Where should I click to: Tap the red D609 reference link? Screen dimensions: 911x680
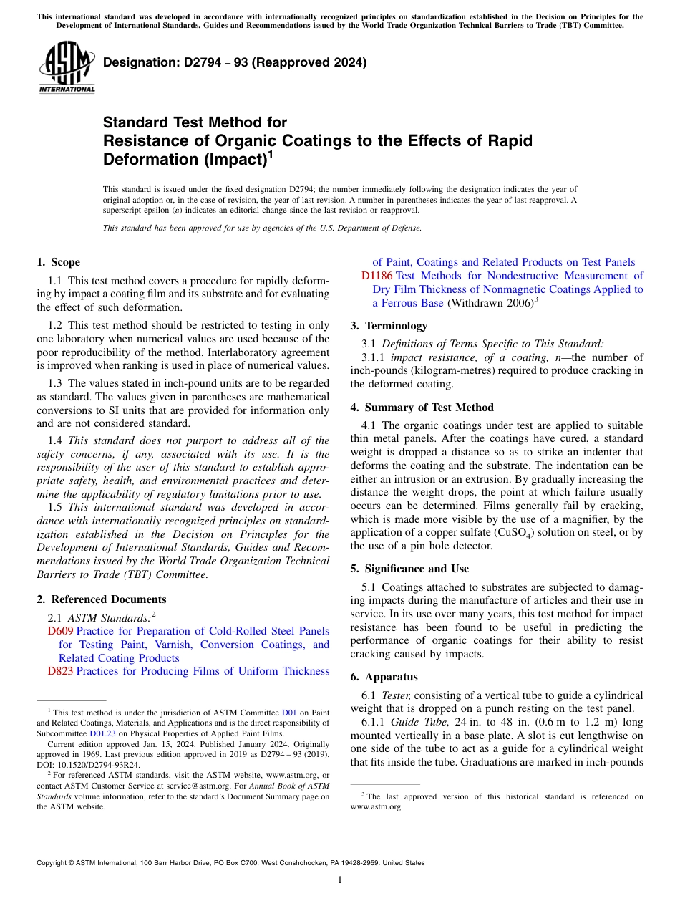point(60,631)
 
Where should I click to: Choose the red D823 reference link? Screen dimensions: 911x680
point(60,671)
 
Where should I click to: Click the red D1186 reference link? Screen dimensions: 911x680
point(377,276)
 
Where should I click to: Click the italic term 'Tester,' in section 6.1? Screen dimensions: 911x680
point(396,695)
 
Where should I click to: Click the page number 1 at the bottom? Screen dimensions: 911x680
point(340,880)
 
